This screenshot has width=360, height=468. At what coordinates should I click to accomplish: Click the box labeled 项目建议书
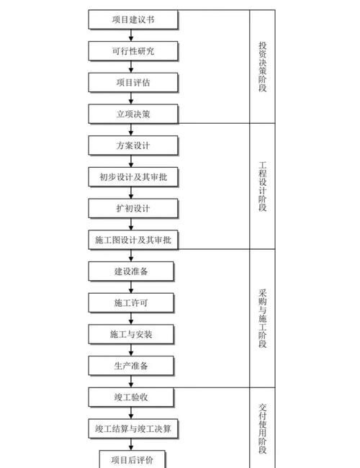point(132,19)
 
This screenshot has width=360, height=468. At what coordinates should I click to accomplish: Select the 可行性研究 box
point(132,51)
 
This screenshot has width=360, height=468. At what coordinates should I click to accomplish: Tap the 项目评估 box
point(132,83)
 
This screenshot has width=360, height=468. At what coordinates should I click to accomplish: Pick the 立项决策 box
point(132,114)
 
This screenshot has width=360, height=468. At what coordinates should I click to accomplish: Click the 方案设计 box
point(132,145)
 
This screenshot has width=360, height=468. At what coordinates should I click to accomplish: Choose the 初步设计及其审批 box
point(132,177)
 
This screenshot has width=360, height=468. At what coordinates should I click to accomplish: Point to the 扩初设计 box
point(132,209)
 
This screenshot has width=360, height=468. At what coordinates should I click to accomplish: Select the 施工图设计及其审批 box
point(132,240)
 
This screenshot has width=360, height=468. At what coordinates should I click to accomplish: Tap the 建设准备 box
point(132,271)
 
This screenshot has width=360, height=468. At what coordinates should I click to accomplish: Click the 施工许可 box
point(132,302)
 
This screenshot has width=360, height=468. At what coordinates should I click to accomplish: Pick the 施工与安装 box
point(132,334)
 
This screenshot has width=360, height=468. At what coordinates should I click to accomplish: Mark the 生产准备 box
point(132,366)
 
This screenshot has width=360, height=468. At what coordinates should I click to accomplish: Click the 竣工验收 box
point(132,397)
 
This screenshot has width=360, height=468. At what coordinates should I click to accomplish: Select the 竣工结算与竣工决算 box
point(132,429)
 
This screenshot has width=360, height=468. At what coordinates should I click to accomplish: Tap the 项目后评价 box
point(132,459)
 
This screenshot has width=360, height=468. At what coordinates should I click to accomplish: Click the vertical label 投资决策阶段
point(263,67)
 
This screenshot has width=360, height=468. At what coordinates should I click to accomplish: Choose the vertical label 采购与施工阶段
point(263,318)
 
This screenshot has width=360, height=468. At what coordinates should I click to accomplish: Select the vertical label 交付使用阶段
point(263,428)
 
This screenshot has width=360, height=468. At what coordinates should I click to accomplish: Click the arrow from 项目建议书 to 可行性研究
point(132,35)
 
